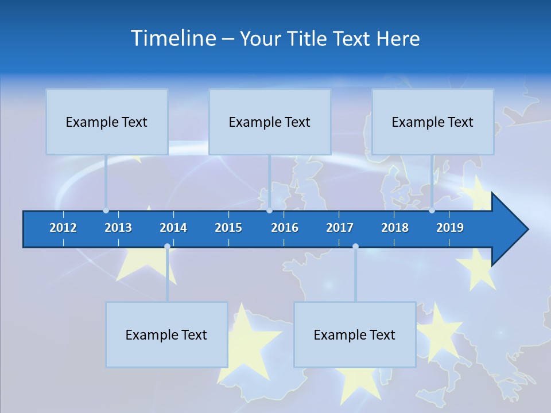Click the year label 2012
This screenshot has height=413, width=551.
tap(63, 228)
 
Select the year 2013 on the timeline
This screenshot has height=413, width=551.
tap(118, 228)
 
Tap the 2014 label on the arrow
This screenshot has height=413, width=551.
tap(173, 228)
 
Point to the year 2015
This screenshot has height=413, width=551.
tap(228, 228)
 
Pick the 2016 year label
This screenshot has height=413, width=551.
tap(285, 228)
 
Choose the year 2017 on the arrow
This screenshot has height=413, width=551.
tap(340, 228)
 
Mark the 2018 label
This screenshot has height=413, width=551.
tap(395, 228)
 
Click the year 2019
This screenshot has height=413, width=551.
tap(450, 228)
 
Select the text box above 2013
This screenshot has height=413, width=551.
tap(107, 122)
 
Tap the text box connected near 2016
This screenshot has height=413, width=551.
tap(270, 122)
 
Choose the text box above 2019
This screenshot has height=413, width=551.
tap(433, 122)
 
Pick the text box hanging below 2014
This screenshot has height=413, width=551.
tap(166, 334)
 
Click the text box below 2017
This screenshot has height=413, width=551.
tap(355, 334)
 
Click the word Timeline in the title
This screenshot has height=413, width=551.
tap(173, 38)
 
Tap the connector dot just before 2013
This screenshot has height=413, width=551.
tap(106, 211)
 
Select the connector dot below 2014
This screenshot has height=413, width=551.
tap(167, 247)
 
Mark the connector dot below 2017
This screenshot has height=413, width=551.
tap(355, 247)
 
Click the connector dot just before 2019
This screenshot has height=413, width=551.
tap(432, 211)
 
